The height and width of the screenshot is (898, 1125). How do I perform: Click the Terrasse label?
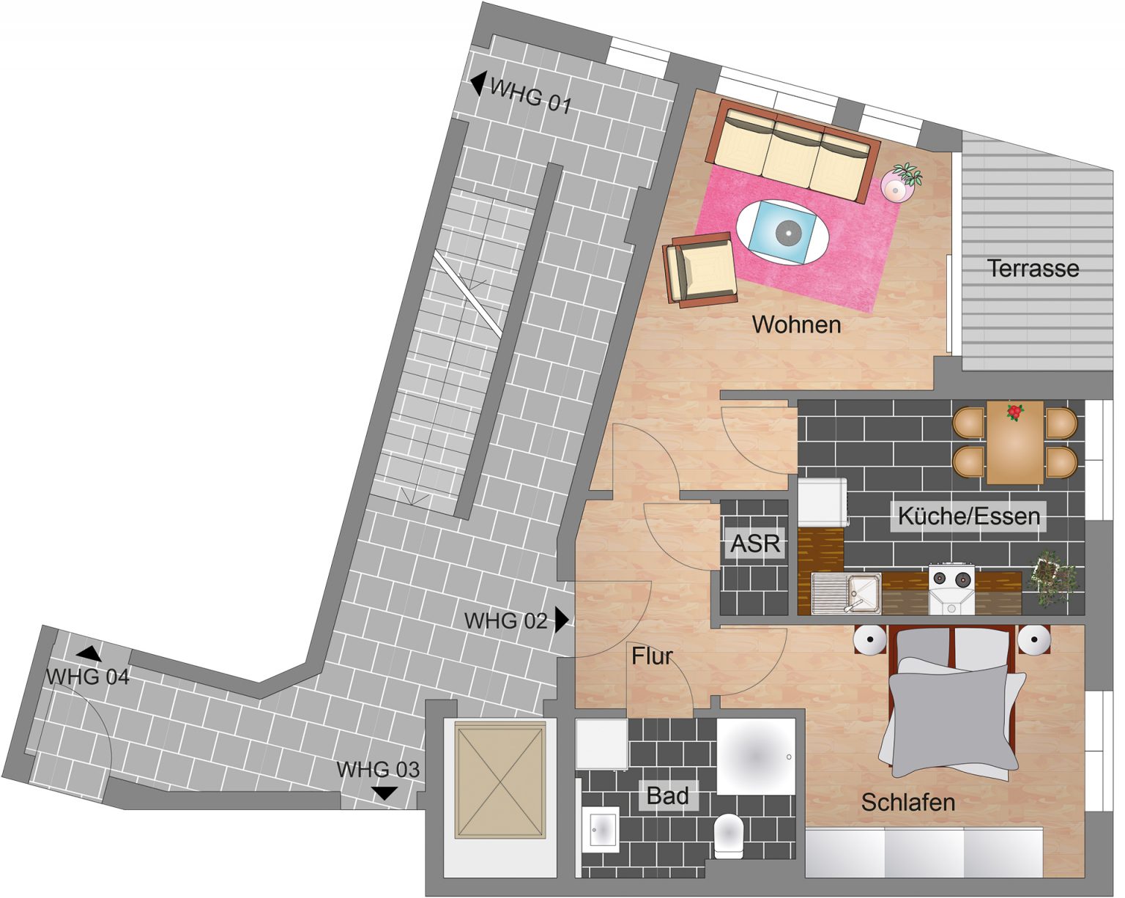point(1033,269)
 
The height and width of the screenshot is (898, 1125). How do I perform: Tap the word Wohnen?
point(797,324)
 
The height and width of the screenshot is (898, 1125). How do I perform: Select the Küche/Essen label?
point(969,516)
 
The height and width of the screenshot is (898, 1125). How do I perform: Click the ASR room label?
point(755,543)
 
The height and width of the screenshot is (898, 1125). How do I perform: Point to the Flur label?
point(652,656)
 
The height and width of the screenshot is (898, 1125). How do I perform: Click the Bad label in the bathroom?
point(667,795)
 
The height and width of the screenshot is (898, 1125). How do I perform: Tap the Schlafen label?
point(908,802)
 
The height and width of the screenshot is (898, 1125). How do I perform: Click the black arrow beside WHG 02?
point(562,620)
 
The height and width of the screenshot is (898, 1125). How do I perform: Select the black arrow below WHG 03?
point(385,793)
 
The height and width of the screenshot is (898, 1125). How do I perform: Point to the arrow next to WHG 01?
point(478,84)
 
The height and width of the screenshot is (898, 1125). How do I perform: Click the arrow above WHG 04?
point(89,654)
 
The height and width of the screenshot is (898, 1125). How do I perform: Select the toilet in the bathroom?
point(729,834)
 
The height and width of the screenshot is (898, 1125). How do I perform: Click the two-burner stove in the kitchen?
point(951,588)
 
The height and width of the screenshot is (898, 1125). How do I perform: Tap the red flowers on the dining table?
point(1014,412)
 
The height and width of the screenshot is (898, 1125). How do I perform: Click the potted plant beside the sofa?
point(902,181)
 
